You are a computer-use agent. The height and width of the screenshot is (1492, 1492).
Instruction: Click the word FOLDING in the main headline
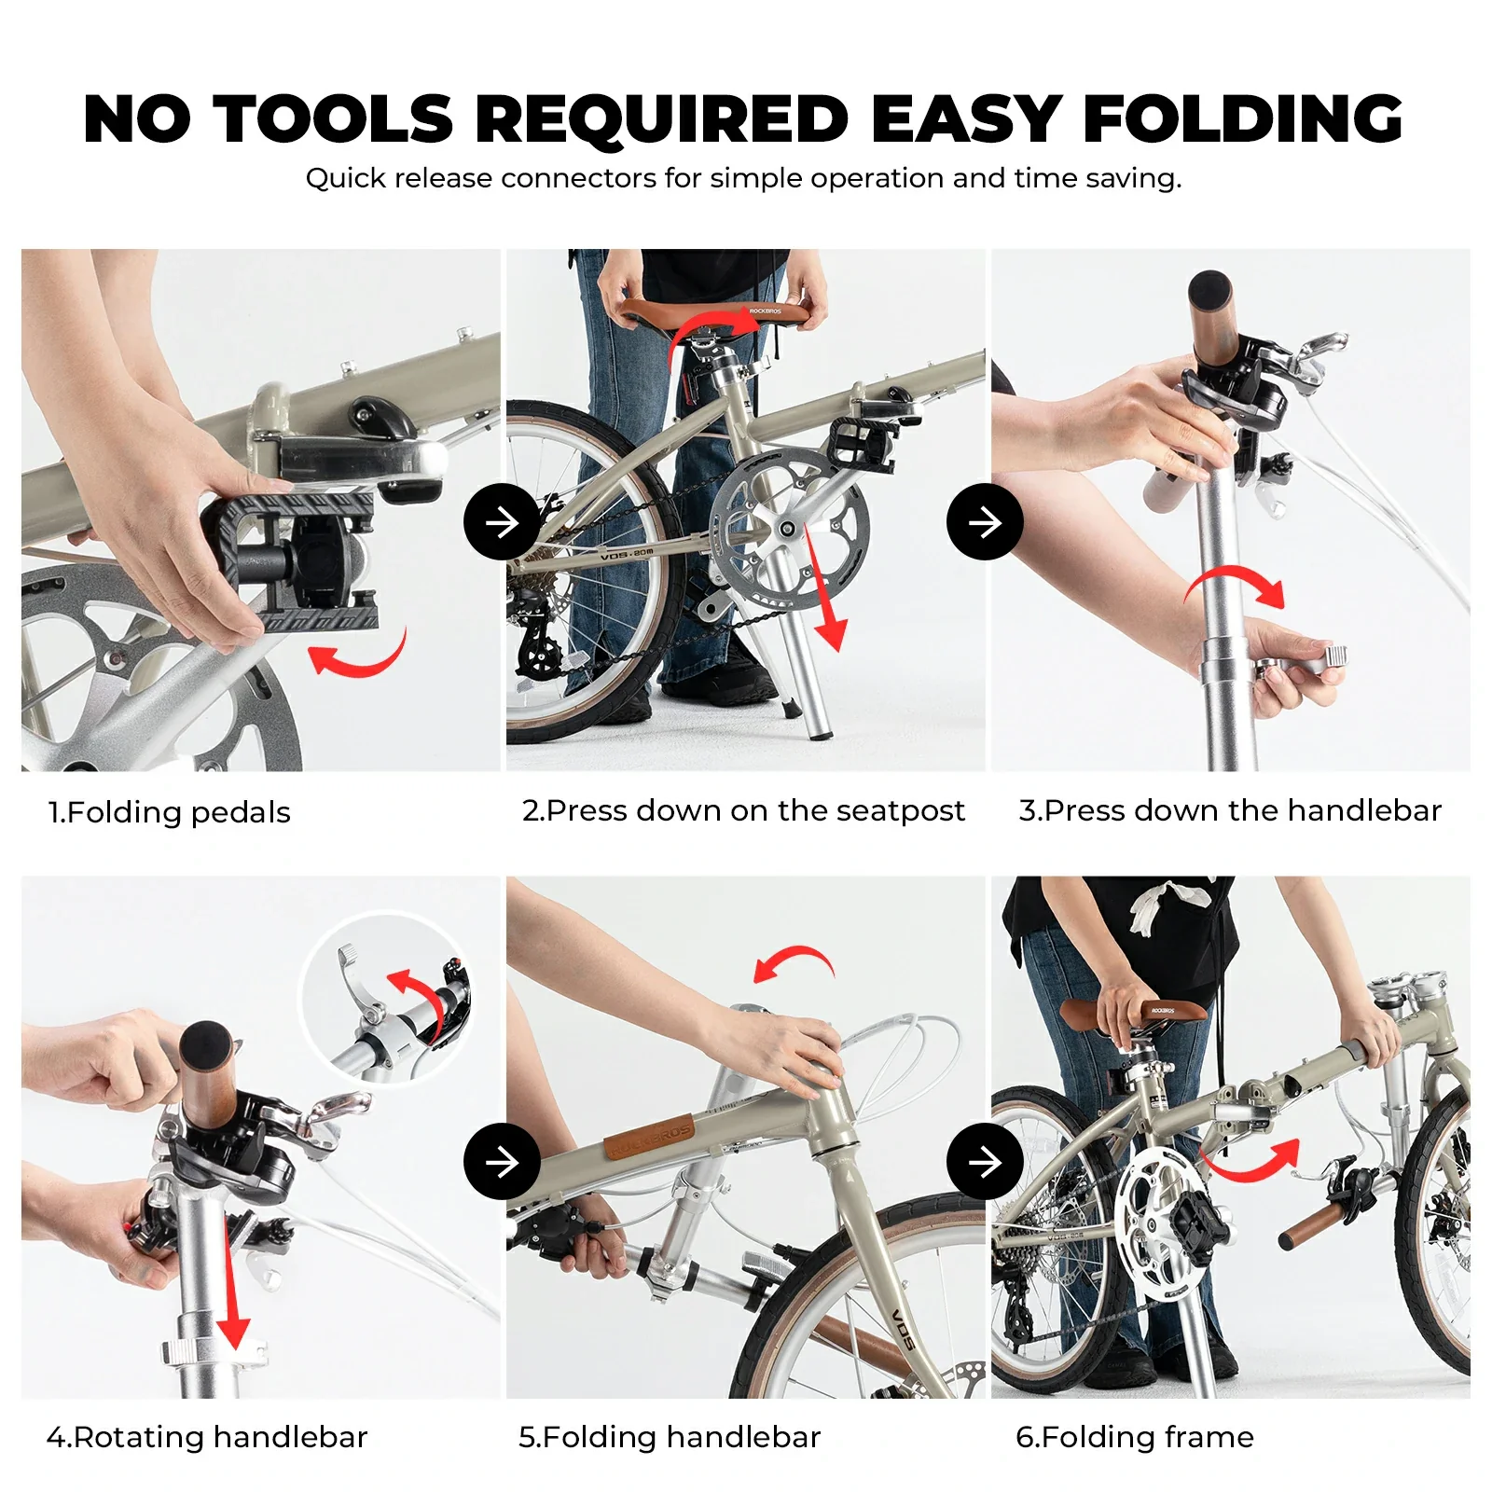[1242, 119]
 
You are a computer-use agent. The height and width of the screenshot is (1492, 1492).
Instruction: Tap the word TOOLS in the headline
[334, 119]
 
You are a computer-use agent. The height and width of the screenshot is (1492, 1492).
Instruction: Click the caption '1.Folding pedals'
[170, 812]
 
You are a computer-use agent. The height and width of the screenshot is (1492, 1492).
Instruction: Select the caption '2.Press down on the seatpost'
[743, 810]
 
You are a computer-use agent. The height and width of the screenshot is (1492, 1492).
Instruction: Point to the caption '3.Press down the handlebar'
[1229, 810]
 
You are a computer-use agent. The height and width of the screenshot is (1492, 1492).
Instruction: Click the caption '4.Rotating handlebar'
[207, 1437]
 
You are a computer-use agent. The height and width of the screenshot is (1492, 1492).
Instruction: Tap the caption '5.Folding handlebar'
[670, 1437]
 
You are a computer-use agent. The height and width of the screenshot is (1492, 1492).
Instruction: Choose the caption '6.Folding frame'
[1134, 1437]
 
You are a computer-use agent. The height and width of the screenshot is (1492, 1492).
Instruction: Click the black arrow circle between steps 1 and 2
[502, 522]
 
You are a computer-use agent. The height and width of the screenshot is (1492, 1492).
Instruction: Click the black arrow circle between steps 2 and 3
[985, 522]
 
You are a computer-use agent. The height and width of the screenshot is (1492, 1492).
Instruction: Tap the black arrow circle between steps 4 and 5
[502, 1162]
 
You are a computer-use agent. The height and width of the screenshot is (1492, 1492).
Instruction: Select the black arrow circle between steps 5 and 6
[985, 1162]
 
